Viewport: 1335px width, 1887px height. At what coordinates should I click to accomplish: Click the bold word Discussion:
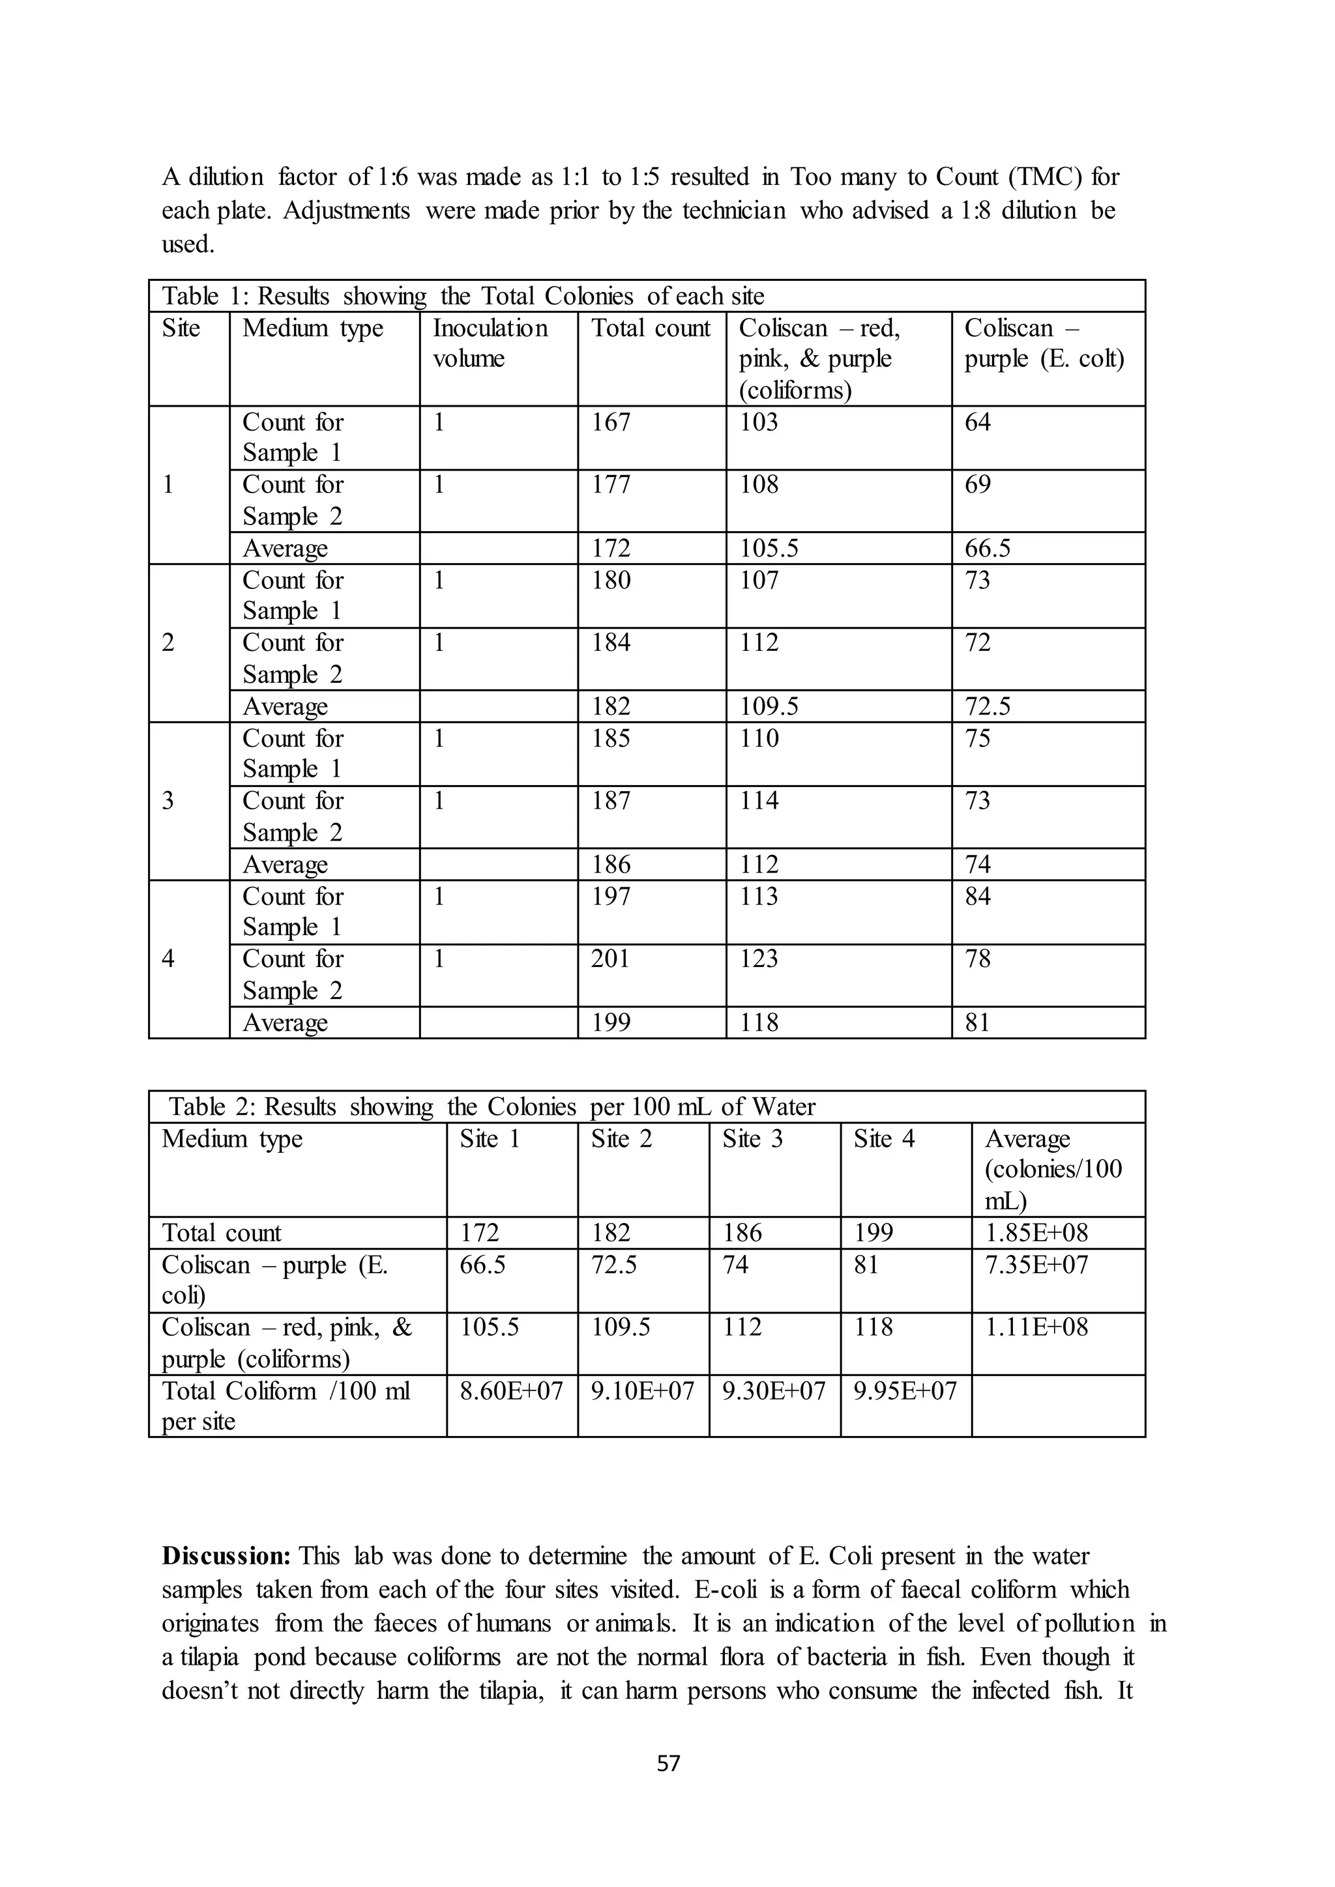226,1556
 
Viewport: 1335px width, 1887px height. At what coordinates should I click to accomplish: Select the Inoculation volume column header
490,343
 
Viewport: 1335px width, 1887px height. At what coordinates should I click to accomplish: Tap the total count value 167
611,422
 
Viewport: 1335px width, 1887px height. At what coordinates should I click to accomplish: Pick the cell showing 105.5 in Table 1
769,548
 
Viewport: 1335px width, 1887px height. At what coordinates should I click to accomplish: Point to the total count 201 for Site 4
610,959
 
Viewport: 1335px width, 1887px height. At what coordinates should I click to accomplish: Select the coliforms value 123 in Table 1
758,959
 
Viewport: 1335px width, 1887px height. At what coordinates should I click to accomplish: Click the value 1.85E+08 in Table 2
1036,1233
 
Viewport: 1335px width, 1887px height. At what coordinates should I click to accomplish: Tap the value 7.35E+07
1036,1265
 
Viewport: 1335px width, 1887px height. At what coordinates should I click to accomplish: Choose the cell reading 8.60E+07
511,1390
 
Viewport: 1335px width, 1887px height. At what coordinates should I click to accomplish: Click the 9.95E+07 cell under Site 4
905,1390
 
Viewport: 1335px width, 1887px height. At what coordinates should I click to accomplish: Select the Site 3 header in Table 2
752,1139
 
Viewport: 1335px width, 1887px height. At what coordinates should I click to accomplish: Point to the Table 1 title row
463,296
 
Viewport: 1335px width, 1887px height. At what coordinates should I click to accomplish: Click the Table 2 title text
491,1107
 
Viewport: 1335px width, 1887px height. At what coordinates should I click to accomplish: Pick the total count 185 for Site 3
611,739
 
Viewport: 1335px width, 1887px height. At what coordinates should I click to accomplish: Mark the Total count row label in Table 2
221,1233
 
